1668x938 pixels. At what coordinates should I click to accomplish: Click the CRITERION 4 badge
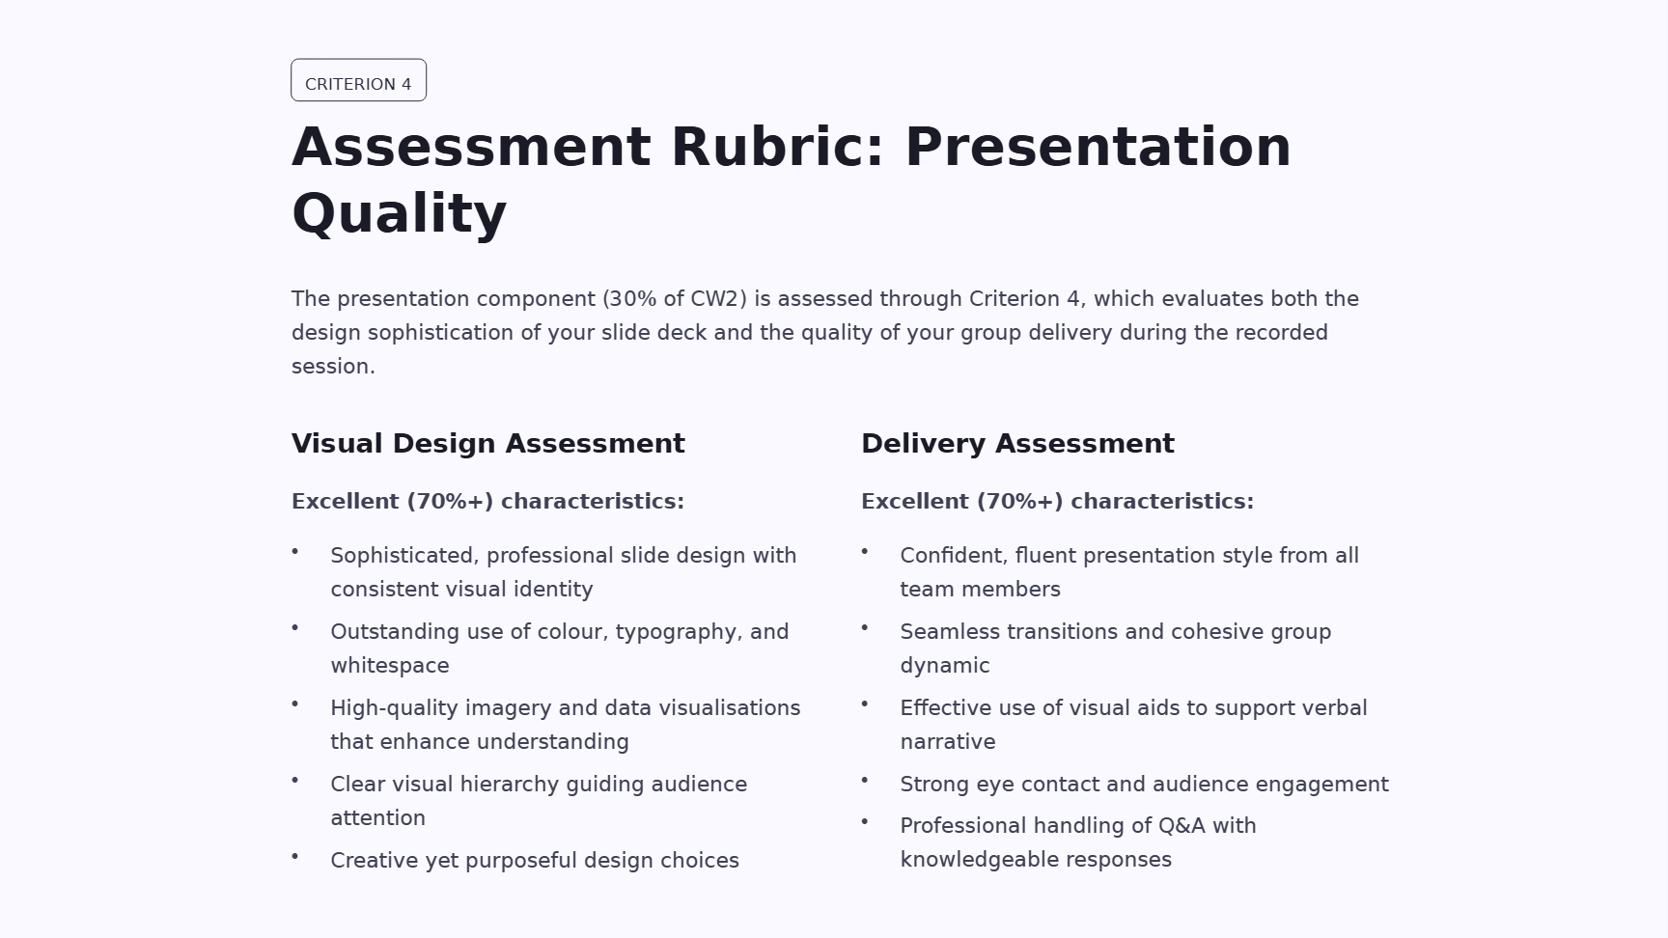358,80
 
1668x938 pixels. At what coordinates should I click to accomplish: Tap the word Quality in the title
399,214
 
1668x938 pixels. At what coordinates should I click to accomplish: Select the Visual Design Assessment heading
488,444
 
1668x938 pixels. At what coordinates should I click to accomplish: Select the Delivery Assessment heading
1017,444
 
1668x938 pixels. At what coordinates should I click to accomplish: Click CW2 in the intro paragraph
715,299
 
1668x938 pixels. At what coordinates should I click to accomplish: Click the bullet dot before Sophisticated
295,552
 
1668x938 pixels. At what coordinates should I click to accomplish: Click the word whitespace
390,666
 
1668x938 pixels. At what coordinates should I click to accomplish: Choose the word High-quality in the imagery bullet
395,709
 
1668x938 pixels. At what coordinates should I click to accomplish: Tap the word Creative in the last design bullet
375,861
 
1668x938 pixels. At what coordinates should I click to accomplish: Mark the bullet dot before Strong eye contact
865,780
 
